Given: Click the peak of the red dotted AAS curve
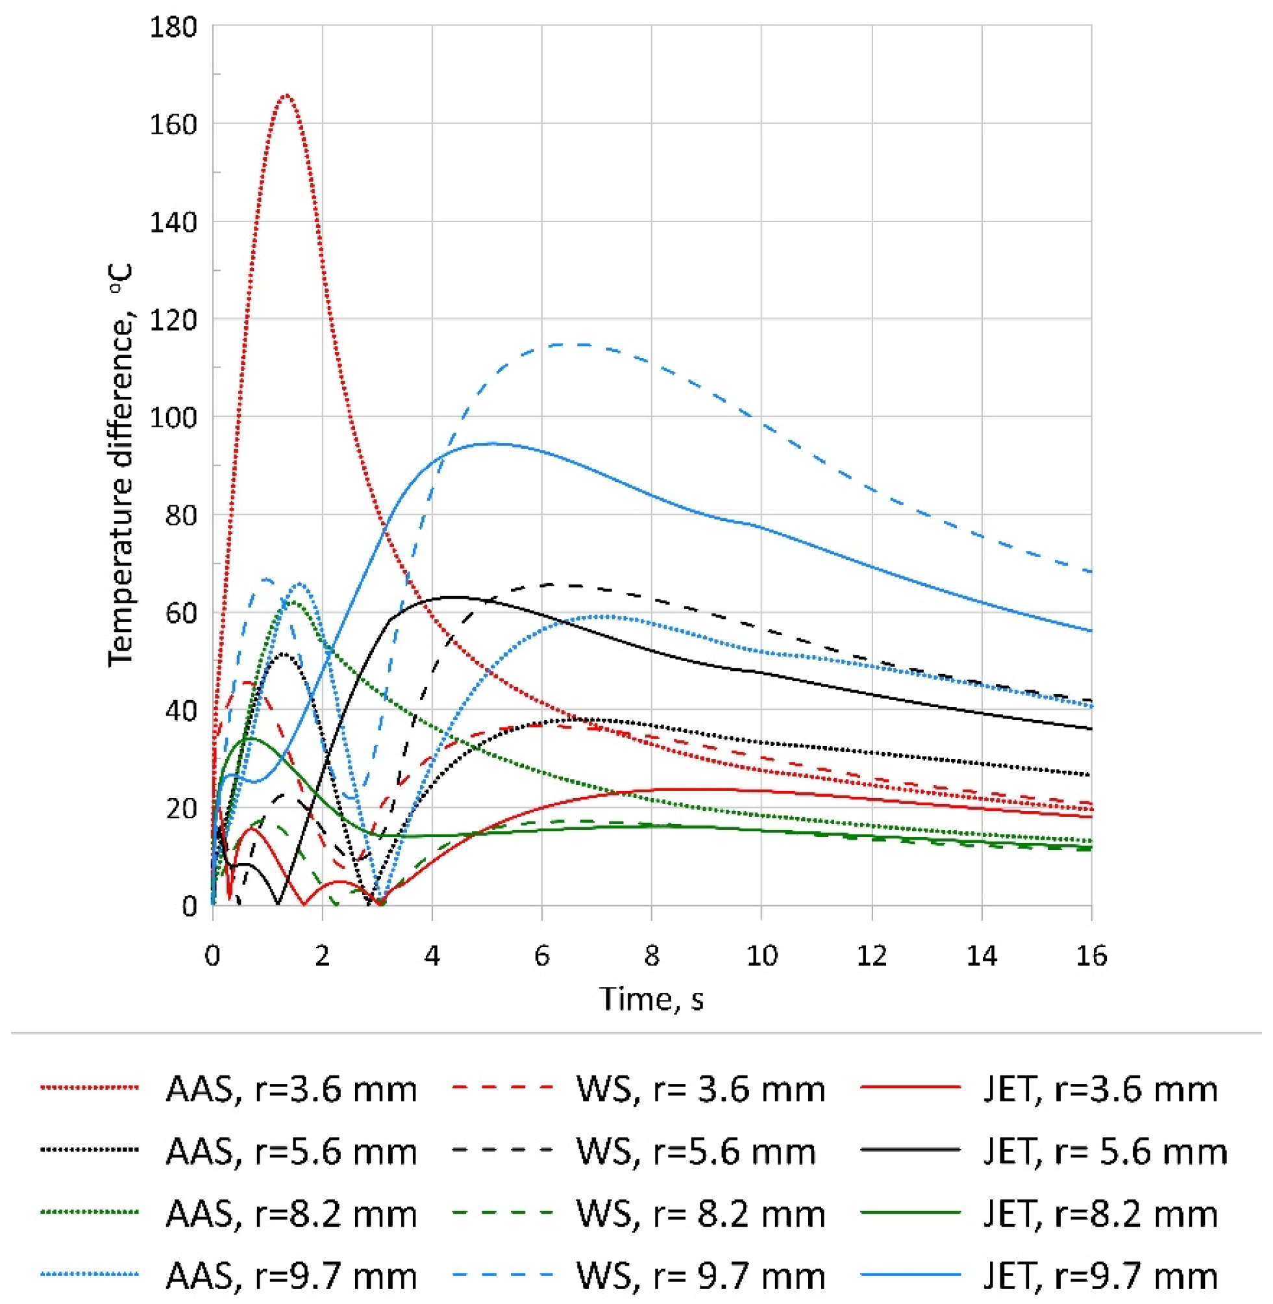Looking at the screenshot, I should point(286,95).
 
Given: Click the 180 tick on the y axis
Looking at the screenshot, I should point(173,27).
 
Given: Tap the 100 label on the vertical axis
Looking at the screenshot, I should point(173,418).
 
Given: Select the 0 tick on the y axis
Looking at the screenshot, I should point(189,907).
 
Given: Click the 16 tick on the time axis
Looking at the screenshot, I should point(1091,957).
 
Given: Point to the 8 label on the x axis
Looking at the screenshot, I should point(652,957).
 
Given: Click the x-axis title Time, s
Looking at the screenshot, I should point(652,999).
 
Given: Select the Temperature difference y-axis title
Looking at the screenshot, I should point(121,466).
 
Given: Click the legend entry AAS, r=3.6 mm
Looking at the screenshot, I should point(291,1090).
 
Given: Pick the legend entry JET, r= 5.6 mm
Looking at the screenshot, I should point(1105,1152).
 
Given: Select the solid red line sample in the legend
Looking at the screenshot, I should point(911,1088).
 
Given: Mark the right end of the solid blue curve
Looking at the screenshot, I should point(1091,631).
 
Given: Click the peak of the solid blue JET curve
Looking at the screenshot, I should point(493,443).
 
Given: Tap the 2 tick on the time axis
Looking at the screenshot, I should point(322,957).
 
